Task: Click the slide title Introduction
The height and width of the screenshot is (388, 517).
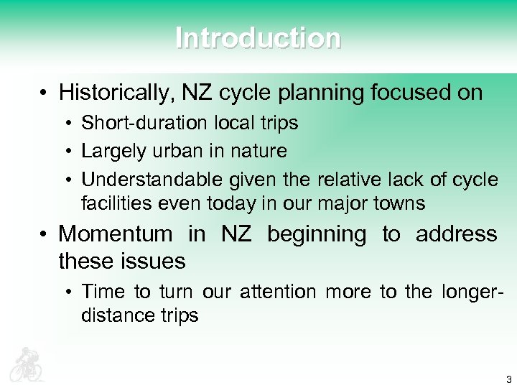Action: (x=258, y=38)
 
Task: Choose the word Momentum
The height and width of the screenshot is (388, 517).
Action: (x=115, y=234)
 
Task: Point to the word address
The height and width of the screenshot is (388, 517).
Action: (x=456, y=234)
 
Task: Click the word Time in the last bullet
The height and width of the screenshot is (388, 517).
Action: (x=105, y=291)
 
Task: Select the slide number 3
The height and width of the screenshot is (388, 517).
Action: (x=508, y=379)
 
